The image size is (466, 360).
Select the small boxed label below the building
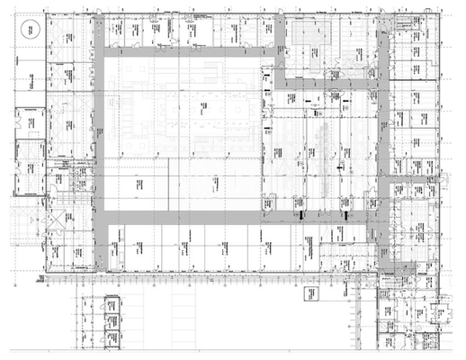click(x=310, y=292)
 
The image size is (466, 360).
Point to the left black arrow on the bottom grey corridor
click(x=300, y=217)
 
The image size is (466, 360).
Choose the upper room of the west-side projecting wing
click(x=28, y=121)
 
